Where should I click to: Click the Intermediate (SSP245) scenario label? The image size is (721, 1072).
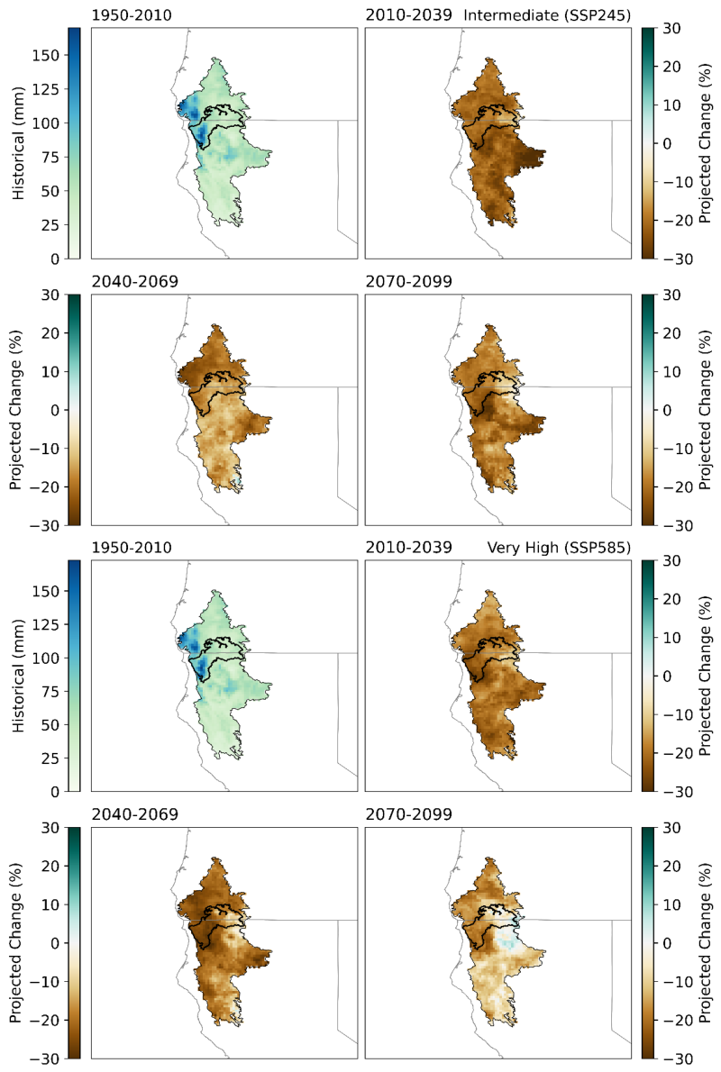[547, 15]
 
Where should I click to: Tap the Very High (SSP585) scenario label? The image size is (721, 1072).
[559, 548]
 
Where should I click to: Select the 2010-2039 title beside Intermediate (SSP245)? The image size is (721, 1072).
[408, 15]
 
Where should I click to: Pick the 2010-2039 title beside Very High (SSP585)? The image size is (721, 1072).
[408, 548]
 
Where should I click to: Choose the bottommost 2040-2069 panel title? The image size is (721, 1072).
[135, 814]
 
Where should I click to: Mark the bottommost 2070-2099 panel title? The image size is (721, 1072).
[408, 814]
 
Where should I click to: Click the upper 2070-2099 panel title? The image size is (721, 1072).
[408, 281]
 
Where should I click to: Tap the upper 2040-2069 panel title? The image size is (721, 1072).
[135, 281]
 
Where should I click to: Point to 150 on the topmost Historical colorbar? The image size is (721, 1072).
[45, 55]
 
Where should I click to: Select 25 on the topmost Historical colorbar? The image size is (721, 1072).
[50, 225]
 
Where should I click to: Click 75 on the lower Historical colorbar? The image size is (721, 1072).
[50, 691]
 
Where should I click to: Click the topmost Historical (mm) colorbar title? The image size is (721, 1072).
[18, 143]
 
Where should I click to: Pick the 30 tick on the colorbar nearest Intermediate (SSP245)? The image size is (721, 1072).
[672, 29]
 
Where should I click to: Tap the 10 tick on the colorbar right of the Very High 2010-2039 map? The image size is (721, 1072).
[672, 638]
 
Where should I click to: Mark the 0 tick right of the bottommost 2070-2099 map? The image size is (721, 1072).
[668, 943]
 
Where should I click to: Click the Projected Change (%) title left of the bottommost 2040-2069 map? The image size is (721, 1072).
[15, 943]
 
